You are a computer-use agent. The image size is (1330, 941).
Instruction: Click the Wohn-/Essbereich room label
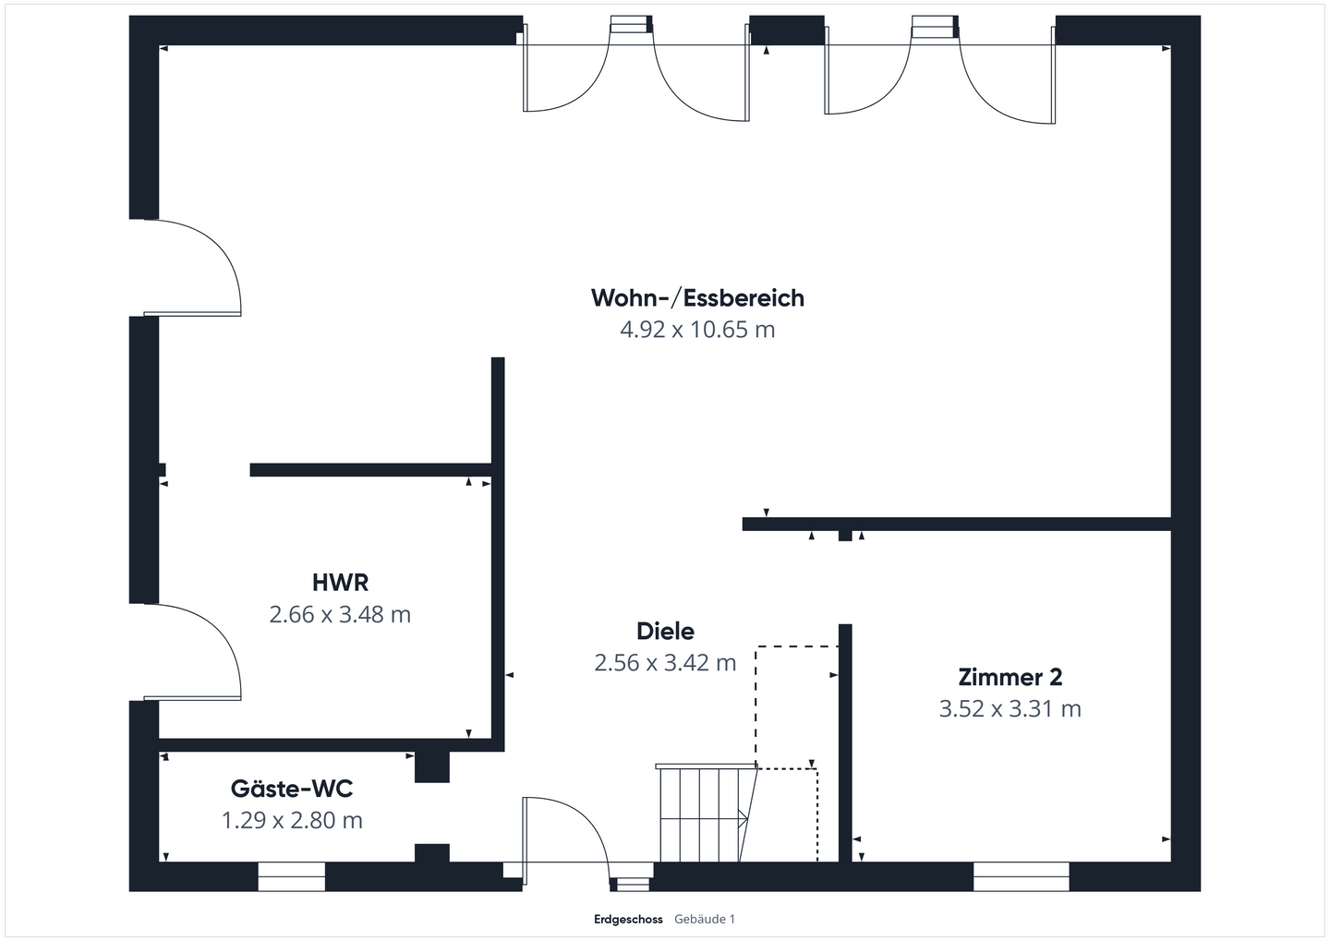697,298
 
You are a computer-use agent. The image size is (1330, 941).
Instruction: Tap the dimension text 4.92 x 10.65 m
697,330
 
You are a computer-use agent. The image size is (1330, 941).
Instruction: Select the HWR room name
340,583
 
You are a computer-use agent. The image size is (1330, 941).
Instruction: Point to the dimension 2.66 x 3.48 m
340,614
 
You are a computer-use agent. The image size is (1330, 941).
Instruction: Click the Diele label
665,632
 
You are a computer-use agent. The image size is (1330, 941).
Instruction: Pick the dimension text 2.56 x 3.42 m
665,663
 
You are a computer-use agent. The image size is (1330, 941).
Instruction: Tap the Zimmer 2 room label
1010,677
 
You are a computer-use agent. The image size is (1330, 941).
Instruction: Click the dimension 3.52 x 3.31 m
1010,709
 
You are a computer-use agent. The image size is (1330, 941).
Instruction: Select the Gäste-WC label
292,789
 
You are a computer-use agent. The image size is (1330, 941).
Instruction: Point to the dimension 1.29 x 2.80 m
292,820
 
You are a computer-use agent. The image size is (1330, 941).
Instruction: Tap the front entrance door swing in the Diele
563,831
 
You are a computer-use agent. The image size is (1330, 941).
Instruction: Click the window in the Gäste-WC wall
291,876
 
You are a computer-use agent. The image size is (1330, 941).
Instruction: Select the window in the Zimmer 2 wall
1021,876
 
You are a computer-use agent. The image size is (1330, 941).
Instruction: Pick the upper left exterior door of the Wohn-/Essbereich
189,268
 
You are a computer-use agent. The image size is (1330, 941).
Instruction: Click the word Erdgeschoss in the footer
628,920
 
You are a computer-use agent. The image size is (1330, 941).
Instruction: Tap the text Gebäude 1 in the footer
705,920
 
